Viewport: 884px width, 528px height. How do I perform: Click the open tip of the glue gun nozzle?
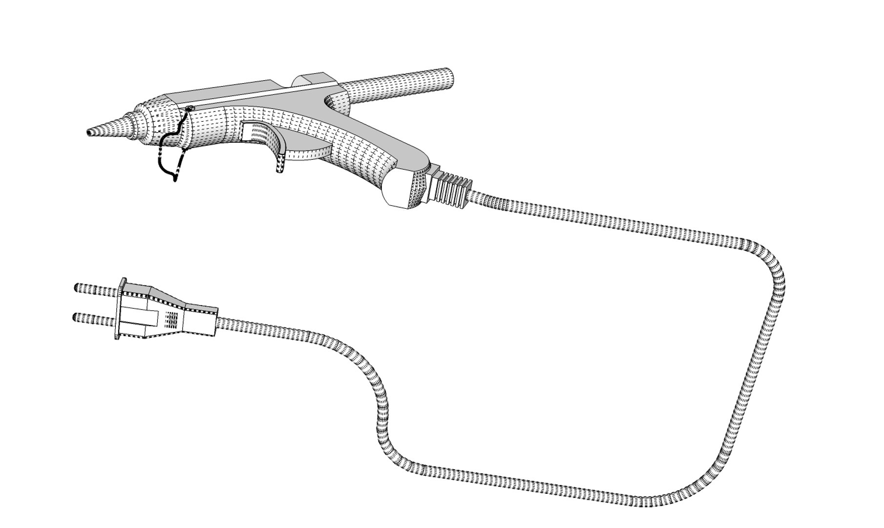click(89, 132)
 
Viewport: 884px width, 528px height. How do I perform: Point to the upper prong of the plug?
click(95, 289)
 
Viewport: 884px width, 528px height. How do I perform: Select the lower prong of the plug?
click(93, 319)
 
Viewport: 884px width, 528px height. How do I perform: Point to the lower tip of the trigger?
click(280, 169)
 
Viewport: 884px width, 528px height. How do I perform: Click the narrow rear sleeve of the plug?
click(200, 320)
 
